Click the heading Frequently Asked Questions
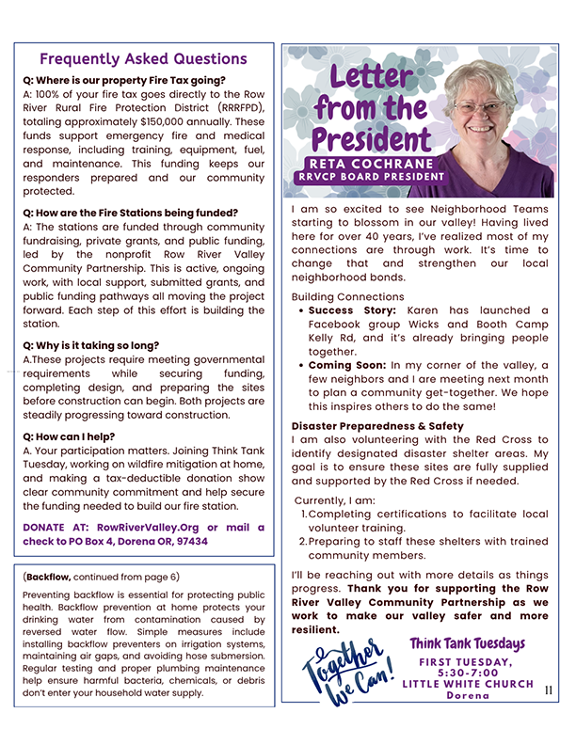[x=143, y=59]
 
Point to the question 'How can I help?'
[x=71, y=436]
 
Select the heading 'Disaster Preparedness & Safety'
[x=377, y=426]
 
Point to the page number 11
[x=550, y=690]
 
